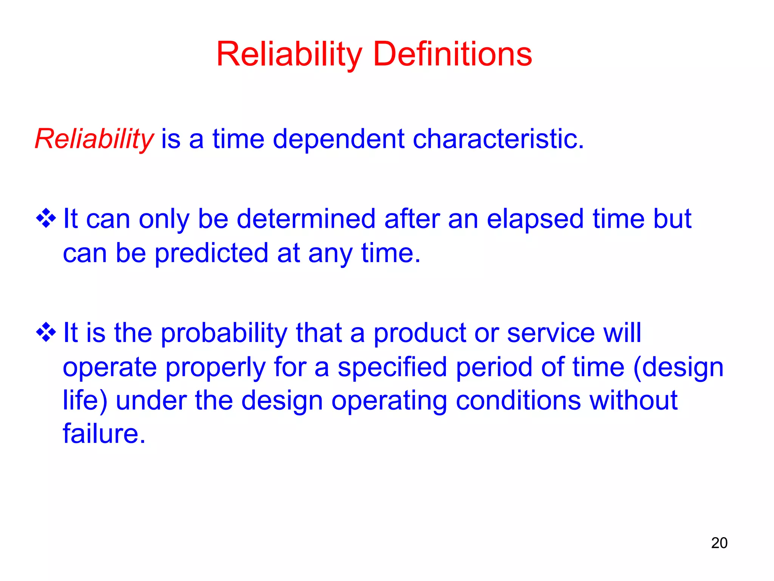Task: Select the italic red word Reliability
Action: pos(94,139)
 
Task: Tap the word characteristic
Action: pos(498,139)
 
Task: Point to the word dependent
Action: pos(338,139)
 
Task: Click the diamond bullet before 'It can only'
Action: pos(46,218)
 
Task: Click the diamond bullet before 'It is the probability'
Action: pos(46,332)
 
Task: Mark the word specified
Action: pos(392,368)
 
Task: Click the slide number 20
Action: pos(719,543)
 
